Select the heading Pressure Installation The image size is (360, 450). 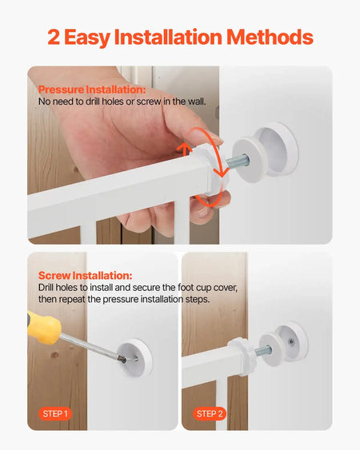[92, 90]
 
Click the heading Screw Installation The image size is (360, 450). [85, 276]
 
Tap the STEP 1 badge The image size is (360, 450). [55, 414]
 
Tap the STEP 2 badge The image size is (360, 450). [210, 414]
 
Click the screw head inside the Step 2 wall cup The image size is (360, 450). [290, 340]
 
